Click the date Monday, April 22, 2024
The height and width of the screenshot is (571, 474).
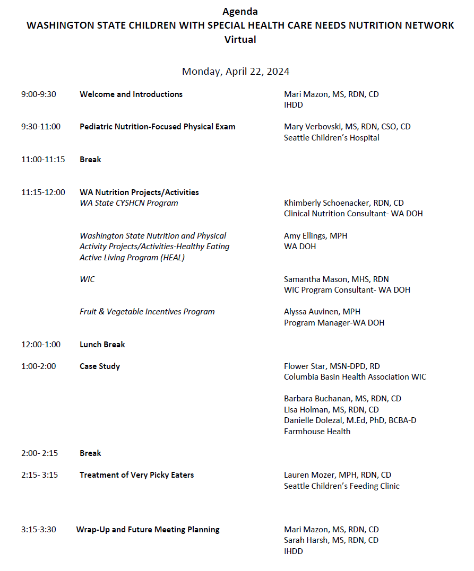coord(236,71)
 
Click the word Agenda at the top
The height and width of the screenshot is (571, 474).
coord(240,11)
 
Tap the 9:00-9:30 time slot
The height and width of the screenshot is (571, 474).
coord(39,94)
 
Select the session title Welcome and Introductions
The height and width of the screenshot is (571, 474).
coord(131,94)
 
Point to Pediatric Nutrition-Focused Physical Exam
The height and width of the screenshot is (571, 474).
coord(158,127)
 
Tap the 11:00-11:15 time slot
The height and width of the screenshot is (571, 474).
coord(43,159)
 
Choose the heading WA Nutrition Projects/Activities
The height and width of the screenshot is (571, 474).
coord(139,192)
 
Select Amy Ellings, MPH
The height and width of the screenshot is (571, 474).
coord(315,235)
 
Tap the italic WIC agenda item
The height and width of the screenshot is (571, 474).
coord(87,279)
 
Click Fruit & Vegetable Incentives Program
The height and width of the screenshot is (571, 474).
coord(147,312)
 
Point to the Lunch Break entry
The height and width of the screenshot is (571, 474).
coord(102,344)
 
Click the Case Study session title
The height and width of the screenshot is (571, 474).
coord(100,366)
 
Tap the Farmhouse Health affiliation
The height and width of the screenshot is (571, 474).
coord(317,431)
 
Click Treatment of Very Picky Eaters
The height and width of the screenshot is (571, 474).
coord(136,475)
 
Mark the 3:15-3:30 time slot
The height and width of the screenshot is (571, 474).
coord(39,529)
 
